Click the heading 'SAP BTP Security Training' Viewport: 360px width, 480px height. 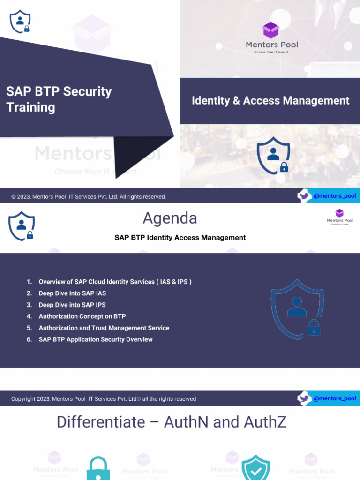pos(59,99)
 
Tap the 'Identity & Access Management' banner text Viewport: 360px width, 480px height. pos(270,101)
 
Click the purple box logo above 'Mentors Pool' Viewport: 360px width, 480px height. pos(271,30)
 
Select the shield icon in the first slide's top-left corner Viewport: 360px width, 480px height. pos(20,22)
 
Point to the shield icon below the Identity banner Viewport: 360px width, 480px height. pos(274,155)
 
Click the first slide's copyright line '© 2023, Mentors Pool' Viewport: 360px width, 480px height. pos(89,197)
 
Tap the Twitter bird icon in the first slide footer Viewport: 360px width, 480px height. pos(305,196)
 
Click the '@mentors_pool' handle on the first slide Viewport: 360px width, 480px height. pos(335,196)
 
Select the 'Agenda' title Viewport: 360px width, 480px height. pos(170,218)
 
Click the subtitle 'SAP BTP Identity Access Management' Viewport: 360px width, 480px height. pos(180,238)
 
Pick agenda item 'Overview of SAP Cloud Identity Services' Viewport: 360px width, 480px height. pos(115,282)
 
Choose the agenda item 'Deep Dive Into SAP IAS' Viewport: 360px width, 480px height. pos(72,293)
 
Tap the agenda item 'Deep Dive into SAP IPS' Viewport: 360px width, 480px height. pos(72,305)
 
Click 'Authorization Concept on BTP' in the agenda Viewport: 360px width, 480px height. pos(82,316)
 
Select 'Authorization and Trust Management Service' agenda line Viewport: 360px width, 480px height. pos(104,328)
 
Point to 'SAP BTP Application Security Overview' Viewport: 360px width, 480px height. pos(96,339)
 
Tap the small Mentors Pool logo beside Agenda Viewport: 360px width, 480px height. pos(340,217)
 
